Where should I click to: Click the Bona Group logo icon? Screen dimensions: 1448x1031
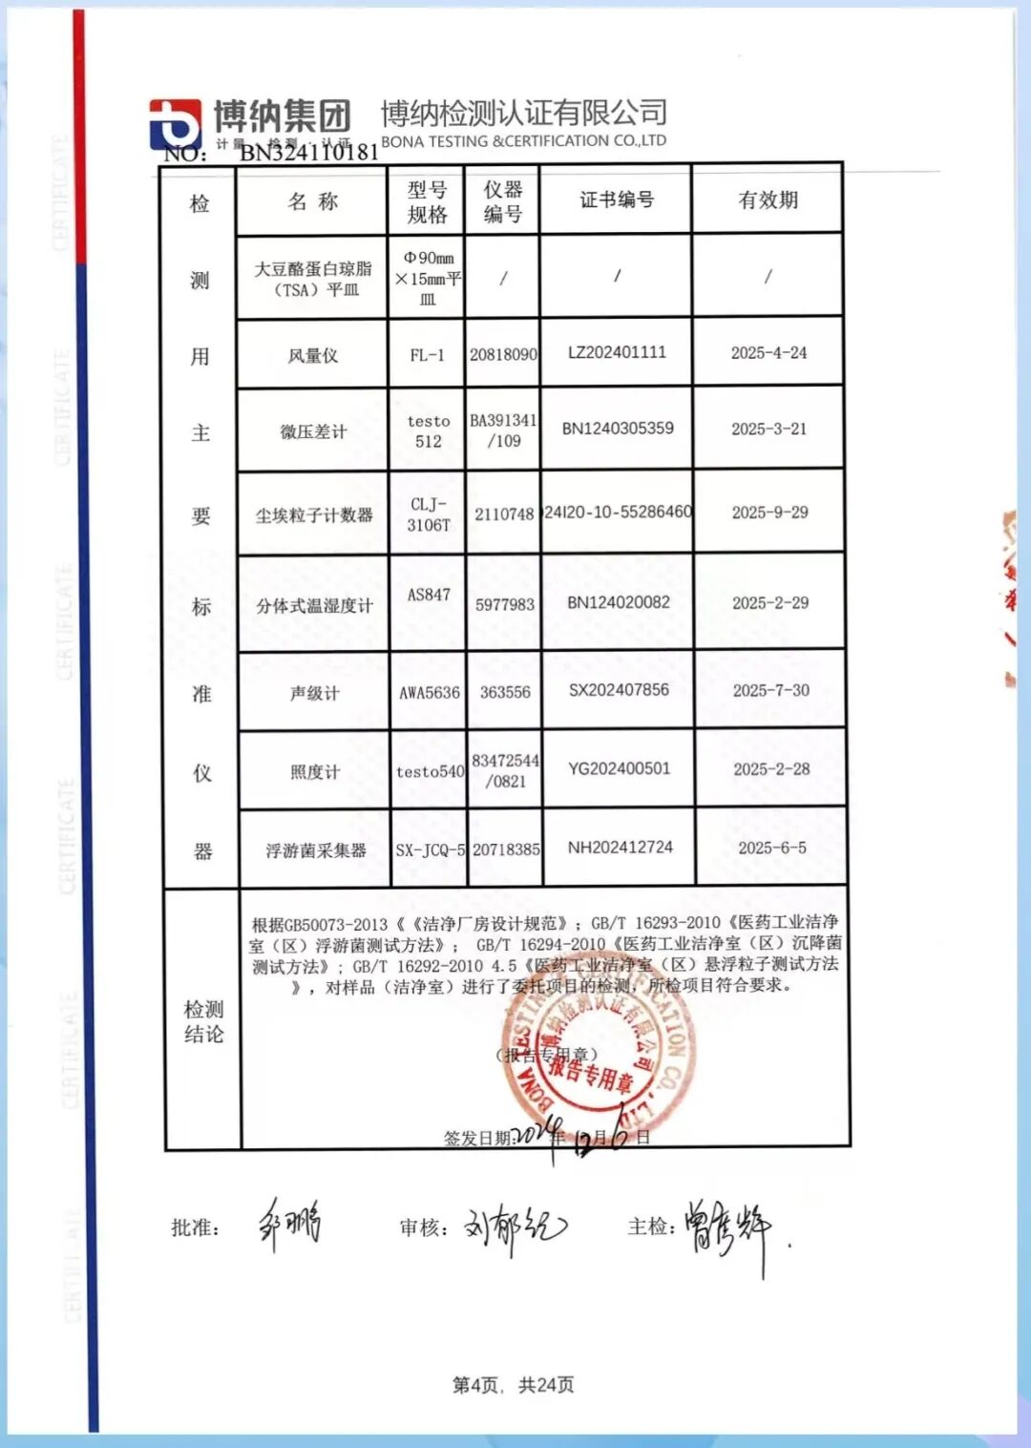pos(175,124)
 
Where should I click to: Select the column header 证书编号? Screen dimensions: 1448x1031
pos(617,199)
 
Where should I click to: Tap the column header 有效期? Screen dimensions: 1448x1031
pos(768,199)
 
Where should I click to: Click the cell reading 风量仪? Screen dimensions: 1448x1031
pos(313,355)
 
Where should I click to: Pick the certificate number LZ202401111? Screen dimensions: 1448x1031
pos(617,352)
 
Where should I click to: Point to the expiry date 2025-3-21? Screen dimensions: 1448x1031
pos(768,429)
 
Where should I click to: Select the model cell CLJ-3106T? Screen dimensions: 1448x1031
pos(429,514)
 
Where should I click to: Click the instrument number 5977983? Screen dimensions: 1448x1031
pos(505,604)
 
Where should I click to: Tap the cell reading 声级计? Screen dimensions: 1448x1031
pos(314,693)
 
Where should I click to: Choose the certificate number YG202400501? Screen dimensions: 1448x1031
pos(619,768)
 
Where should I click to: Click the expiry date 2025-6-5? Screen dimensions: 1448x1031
pos(771,848)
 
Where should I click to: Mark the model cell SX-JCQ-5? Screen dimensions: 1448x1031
pos(430,850)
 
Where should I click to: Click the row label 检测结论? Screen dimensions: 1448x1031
pos(203,1021)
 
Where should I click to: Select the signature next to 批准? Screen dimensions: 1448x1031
pos(289,1224)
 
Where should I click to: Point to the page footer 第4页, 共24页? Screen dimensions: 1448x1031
pos(514,1384)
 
